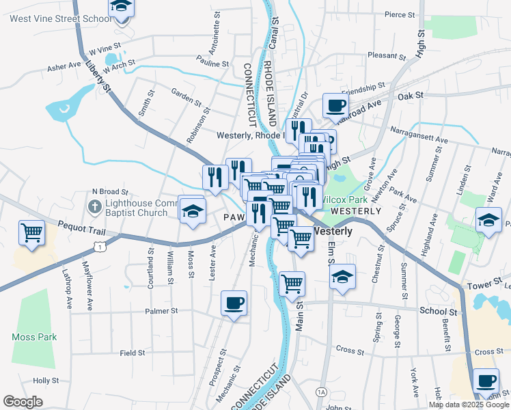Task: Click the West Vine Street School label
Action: (60, 18)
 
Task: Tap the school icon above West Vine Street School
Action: (122, 6)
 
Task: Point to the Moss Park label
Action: (34, 337)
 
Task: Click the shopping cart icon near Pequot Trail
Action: (31, 232)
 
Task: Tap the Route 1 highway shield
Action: (100, 247)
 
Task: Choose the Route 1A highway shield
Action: (321, 392)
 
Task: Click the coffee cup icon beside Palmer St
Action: (234, 303)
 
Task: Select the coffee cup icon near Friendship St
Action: (335, 106)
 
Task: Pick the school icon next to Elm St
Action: (342, 277)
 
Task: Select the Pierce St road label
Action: (400, 14)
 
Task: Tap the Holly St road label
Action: (46, 381)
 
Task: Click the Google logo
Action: (23, 402)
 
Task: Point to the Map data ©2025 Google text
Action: (469, 405)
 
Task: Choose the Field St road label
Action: (133, 353)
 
